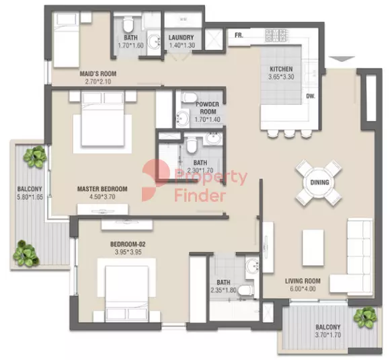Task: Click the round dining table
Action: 319,183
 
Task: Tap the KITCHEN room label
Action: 281,69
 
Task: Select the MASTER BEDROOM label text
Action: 102,189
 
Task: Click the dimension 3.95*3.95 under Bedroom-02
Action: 128,252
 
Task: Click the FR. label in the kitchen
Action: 239,36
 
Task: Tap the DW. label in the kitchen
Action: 311,96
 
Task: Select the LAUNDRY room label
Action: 181,38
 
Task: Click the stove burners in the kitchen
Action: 276,36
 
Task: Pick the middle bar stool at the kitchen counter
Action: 289,134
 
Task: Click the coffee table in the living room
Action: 313,248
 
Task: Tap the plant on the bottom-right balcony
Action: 366,318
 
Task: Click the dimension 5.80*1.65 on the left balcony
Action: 30,197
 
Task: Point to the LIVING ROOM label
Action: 303,281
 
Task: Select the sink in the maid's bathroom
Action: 154,42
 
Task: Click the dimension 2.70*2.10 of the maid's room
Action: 98,81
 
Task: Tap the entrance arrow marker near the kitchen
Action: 342,59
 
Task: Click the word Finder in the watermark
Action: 200,195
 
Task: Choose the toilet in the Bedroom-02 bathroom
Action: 247,291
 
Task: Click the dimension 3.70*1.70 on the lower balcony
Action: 328,335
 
